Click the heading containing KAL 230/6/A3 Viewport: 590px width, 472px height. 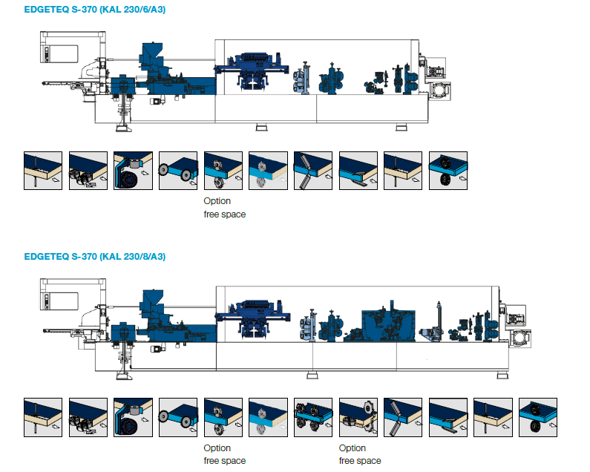(94, 10)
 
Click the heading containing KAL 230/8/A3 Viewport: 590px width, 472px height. (94, 257)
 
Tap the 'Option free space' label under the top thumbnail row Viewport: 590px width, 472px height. (224, 208)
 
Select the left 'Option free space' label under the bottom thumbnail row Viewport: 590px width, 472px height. (224, 454)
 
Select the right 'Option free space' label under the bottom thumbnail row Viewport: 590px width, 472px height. (360, 454)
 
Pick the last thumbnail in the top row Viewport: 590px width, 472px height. (448, 171)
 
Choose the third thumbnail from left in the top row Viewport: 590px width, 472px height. (133, 171)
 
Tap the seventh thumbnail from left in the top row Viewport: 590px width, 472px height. (313, 171)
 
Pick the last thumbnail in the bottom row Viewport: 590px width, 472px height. (538, 417)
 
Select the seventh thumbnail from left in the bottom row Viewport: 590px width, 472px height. (313, 417)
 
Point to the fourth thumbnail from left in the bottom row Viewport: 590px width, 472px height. (178, 417)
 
